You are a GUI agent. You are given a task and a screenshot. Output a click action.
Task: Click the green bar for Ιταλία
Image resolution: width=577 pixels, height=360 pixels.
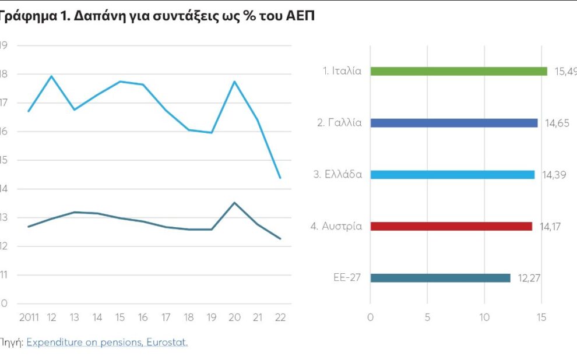[x=458, y=71]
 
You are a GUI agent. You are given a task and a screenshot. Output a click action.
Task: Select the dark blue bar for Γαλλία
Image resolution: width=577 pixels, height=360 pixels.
[x=453, y=123]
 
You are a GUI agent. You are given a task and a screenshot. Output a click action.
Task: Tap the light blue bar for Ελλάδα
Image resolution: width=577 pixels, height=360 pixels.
[x=452, y=174]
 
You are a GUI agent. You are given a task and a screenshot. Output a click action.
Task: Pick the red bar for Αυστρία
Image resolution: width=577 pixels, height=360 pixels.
[x=451, y=226]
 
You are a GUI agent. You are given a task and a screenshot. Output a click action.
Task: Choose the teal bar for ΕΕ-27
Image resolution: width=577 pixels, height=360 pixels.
[x=439, y=278]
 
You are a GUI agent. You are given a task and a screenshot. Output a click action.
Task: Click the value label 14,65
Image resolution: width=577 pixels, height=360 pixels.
[x=557, y=123]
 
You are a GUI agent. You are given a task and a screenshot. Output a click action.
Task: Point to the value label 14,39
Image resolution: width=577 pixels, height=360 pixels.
[x=554, y=174]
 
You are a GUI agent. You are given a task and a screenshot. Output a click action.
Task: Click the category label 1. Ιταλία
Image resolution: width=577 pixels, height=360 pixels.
[x=343, y=71]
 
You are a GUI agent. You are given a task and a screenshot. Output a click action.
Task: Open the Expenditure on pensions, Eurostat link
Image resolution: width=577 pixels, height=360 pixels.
[x=107, y=343]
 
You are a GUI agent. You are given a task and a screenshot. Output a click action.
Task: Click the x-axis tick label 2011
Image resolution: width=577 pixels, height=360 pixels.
[x=29, y=317]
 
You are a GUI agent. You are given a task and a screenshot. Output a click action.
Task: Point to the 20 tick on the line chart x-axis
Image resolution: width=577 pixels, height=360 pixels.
[x=234, y=317]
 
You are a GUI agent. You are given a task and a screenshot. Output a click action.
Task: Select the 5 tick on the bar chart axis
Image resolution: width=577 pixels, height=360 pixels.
[x=427, y=317]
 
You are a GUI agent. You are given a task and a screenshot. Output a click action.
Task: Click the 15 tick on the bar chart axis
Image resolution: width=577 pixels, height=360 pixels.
[x=541, y=317]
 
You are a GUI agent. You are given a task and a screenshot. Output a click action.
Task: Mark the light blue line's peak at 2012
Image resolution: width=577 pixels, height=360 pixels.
[x=52, y=76]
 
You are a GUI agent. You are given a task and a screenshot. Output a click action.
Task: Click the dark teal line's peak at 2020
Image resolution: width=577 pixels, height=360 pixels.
[x=234, y=203]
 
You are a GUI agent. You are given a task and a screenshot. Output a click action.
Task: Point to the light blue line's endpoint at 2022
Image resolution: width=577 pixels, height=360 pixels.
[x=280, y=178]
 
